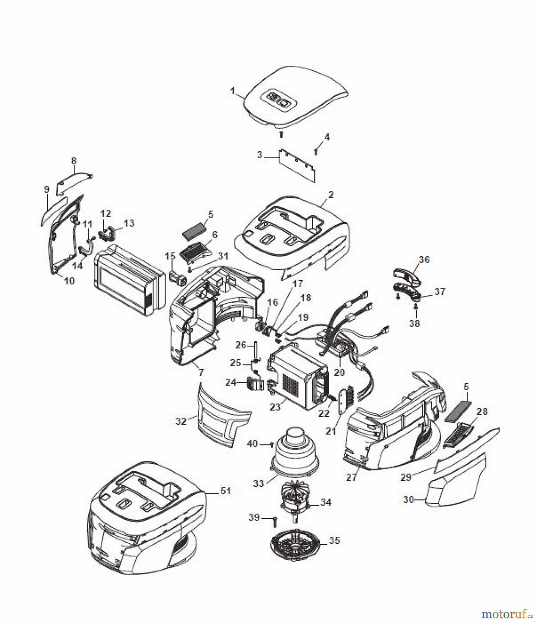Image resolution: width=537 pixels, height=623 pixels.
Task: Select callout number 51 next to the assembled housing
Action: click(226, 491)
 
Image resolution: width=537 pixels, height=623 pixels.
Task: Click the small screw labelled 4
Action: click(316, 151)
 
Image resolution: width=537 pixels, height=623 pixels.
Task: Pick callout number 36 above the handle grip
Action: click(424, 260)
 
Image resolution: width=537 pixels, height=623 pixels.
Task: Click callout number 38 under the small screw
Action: click(414, 323)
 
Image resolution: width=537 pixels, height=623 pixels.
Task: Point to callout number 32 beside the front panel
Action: click(181, 421)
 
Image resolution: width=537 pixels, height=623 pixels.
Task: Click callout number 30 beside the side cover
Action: click(409, 500)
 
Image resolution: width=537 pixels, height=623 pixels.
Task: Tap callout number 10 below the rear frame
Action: click(69, 281)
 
